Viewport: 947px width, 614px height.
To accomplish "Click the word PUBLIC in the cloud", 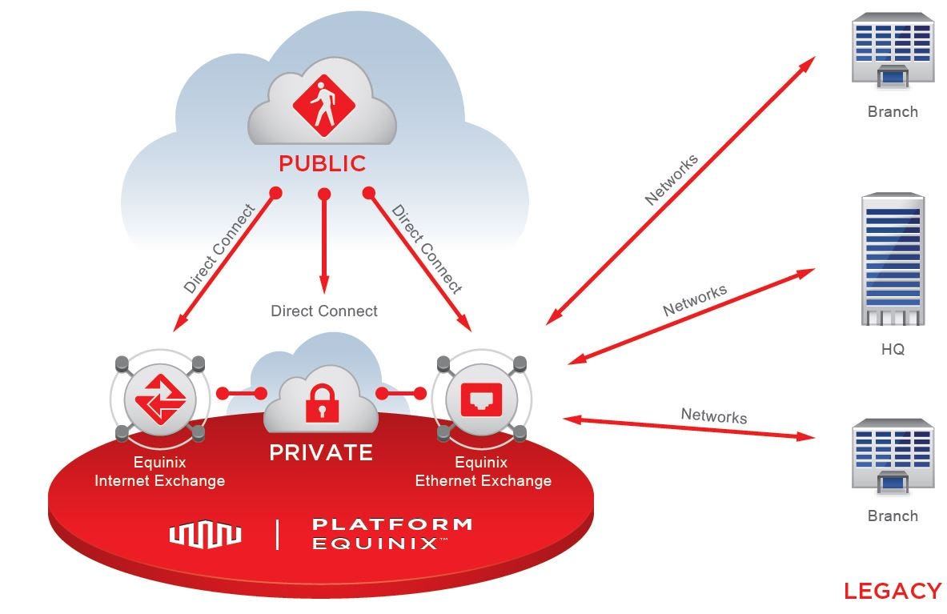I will click(x=322, y=164).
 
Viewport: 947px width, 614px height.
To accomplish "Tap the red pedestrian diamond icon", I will click(x=323, y=105).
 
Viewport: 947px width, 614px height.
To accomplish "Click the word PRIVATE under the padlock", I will click(x=321, y=453).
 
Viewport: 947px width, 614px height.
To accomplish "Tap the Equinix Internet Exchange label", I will click(x=159, y=472).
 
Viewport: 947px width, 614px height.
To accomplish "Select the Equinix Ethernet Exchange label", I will click(x=483, y=472).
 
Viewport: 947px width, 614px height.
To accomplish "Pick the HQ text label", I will click(x=892, y=350).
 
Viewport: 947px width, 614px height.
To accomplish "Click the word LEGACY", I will click(x=892, y=592).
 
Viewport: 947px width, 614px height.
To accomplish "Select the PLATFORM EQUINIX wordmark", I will click(x=391, y=534).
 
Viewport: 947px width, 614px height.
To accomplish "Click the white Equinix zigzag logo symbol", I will click(x=205, y=534).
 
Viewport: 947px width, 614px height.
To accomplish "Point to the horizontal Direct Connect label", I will click(x=323, y=311).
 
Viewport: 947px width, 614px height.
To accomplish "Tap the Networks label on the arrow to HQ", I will click(x=694, y=300).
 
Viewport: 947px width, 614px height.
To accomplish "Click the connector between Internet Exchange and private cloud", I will click(x=242, y=394).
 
